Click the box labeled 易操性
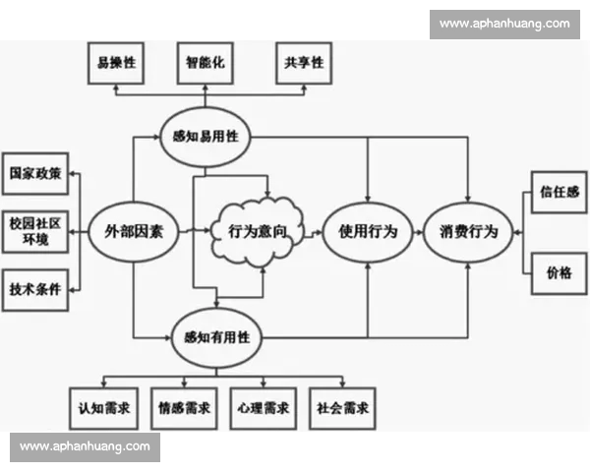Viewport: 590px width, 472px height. point(116,63)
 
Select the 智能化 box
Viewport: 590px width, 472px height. point(205,63)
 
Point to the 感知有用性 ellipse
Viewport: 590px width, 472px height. point(215,336)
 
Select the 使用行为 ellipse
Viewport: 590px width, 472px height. point(367,233)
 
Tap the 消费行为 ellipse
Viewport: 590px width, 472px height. point(468,233)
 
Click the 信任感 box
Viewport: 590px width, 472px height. point(558,193)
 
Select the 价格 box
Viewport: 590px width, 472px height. point(558,273)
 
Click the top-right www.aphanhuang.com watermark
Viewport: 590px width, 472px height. point(503,24)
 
